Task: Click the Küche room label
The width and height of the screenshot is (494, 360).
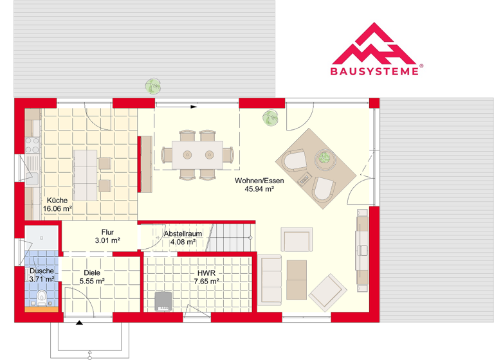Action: pos(57,199)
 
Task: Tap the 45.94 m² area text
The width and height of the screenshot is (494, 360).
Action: pos(260,189)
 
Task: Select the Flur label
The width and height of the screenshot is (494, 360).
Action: pos(107,232)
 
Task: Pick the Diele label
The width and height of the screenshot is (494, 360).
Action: pos(92,272)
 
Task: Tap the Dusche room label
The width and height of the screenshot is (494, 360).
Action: pos(41,271)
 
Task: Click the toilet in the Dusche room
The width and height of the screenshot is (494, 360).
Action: pos(42,297)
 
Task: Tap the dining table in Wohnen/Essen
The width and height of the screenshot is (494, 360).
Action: pos(197,154)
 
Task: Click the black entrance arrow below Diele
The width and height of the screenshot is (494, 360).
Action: pos(79,324)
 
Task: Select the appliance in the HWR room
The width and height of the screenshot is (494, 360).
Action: pos(163,301)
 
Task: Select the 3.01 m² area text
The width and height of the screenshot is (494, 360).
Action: pos(107,240)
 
